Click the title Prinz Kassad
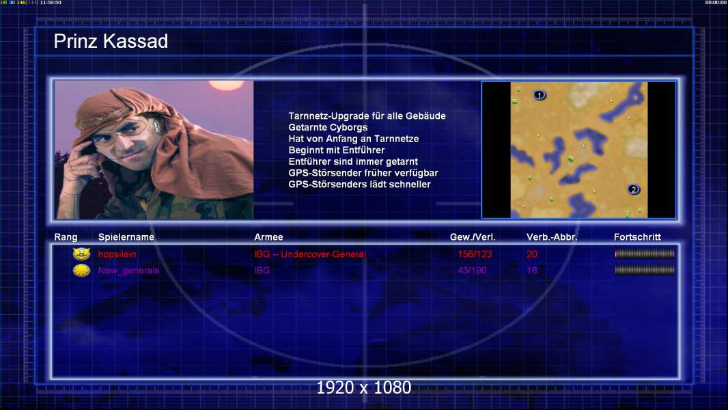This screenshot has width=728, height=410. [111, 41]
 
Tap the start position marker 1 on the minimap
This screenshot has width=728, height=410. [539, 95]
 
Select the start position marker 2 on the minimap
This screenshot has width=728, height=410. [633, 189]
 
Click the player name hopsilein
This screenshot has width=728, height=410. [117, 254]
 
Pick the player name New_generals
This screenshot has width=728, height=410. [128, 271]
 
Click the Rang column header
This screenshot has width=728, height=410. [66, 237]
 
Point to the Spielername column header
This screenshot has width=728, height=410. [126, 237]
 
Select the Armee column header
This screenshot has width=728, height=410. [268, 237]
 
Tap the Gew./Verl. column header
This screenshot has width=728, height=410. [473, 237]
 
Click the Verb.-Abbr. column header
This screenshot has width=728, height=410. [552, 237]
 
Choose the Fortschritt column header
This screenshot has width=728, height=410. [637, 237]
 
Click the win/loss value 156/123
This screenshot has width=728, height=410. [475, 254]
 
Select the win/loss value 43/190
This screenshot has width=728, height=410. [472, 271]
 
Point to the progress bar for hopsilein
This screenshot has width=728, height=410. [645, 254]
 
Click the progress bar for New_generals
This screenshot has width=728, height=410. [645, 270]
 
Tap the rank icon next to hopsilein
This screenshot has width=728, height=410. [81, 254]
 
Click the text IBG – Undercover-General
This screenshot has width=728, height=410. [310, 254]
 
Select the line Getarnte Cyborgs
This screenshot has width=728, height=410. [328, 128]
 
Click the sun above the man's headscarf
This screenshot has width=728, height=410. [226, 85]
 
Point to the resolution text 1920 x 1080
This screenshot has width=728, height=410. [363, 387]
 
